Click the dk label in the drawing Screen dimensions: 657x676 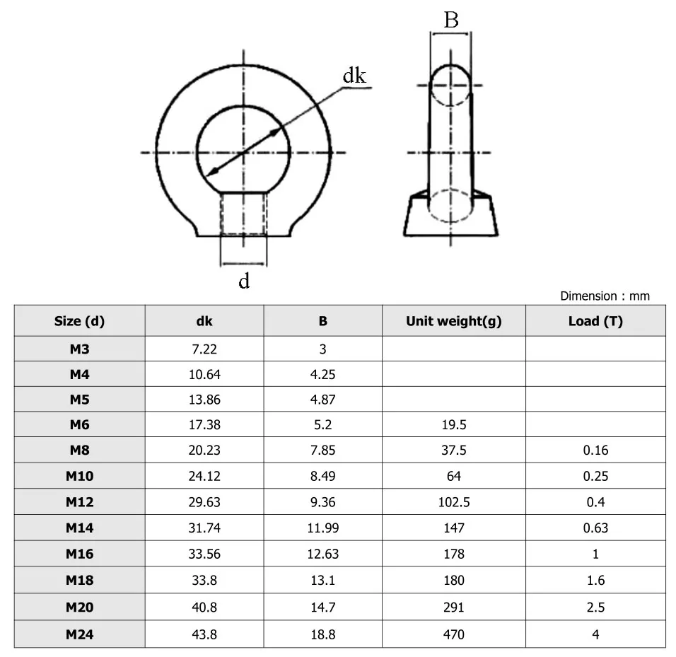[354, 76]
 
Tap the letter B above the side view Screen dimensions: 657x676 [450, 20]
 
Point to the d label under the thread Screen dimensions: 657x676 [244, 281]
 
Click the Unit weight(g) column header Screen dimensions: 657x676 [453, 321]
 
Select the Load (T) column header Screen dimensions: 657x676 [595, 321]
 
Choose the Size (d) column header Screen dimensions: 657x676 [79, 321]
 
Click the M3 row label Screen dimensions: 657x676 [79, 349]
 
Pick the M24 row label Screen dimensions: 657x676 [79, 634]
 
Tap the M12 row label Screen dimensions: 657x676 [79, 502]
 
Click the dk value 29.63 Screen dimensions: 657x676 [204, 502]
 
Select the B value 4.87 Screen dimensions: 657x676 [322, 400]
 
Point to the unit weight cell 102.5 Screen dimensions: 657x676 [454, 502]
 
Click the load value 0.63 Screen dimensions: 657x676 [595, 528]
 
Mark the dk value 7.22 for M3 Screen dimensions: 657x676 [204, 349]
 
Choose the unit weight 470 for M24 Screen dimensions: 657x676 [454, 634]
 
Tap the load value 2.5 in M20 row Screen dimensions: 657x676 [595, 607]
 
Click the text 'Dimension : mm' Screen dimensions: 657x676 [605, 296]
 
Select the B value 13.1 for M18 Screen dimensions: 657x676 [322, 581]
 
